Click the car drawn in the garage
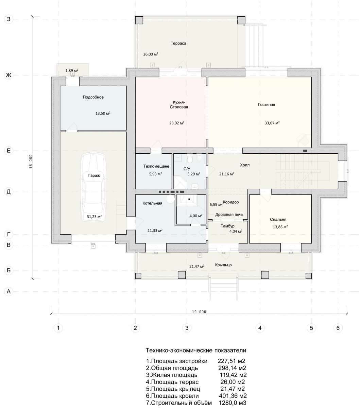pyautogui.click(x=94, y=187)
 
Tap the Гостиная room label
pyautogui.click(x=267, y=105)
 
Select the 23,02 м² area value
pyautogui.click(x=176, y=123)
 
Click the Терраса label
pyautogui.click(x=178, y=43)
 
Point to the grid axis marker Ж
pyautogui.click(x=8, y=75)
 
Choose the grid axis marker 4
pyautogui.click(x=260, y=328)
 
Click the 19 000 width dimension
pyautogui.click(x=199, y=312)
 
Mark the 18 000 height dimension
pyautogui.click(x=31, y=161)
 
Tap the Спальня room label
pyautogui.click(x=278, y=220)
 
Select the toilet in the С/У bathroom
pyautogui.click(x=190, y=158)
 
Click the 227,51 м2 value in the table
pyautogui.click(x=232, y=361)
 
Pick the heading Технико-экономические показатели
pyautogui.click(x=196, y=351)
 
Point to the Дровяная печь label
pyautogui.click(x=229, y=215)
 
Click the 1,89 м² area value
pyautogui.click(x=72, y=70)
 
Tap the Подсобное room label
pyautogui.click(x=93, y=97)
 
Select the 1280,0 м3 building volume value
pyautogui.click(x=233, y=403)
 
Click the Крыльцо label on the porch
pyautogui.click(x=223, y=265)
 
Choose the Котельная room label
pyautogui.click(x=152, y=203)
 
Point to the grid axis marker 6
pyautogui.click(x=338, y=328)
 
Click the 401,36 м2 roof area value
pyautogui.click(x=233, y=396)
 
